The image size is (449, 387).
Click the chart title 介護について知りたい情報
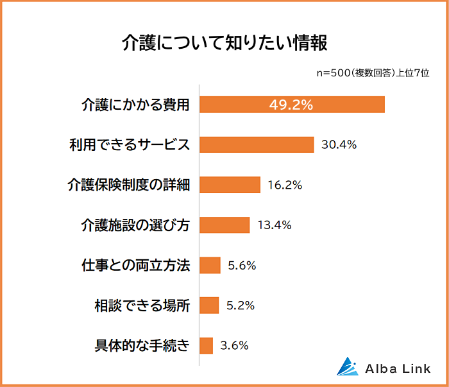click(x=224, y=44)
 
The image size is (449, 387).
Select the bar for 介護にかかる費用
click(x=292, y=105)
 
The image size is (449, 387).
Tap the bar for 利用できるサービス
click(x=257, y=144)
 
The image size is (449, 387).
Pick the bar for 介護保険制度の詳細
click(x=230, y=185)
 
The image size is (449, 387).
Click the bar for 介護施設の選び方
click(x=224, y=225)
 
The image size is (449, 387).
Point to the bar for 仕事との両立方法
click(x=210, y=265)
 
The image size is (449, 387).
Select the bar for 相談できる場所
click(x=209, y=305)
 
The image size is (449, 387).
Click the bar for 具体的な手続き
click(x=206, y=345)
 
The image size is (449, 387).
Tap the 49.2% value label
click(x=291, y=105)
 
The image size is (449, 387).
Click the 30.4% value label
click(x=339, y=145)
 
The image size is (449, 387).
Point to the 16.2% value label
click(x=284, y=185)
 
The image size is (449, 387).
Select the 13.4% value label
click(x=274, y=225)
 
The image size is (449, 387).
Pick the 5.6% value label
click(x=242, y=265)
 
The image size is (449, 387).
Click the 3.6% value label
click(x=234, y=345)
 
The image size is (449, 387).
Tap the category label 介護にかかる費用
click(x=135, y=105)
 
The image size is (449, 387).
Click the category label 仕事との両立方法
click(x=135, y=265)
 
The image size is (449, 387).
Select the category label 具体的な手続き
click(x=142, y=345)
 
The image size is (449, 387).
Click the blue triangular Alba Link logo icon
click(x=349, y=366)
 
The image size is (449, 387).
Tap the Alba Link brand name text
click(x=398, y=368)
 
